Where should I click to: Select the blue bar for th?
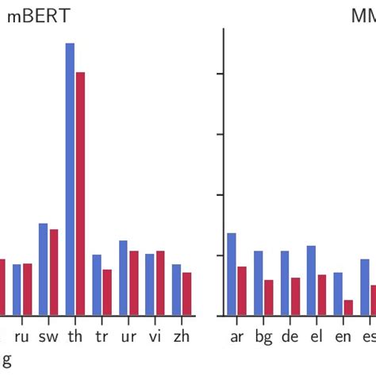click(x=70, y=178)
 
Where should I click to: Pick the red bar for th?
click(x=80, y=194)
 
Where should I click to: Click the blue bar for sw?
click(x=44, y=269)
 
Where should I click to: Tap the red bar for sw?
click(x=54, y=272)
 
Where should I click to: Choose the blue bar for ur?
click(x=124, y=278)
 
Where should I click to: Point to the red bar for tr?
click(x=107, y=292)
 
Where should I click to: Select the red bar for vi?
click(x=160, y=283)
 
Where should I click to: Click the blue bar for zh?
click(x=177, y=290)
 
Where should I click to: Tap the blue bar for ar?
click(x=232, y=274)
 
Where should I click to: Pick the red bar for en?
click(x=348, y=307)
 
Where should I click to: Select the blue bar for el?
click(x=312, y=280)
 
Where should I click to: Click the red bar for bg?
click(x=269, y=297)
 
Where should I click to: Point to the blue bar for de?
click(x=285, y=282)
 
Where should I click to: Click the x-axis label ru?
click(x=21, y=336)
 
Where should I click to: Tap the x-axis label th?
click(x=75, y=336)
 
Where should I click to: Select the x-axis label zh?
click(x=182, y=336)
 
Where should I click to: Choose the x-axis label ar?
click(x=236, y=336)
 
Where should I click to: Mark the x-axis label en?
click(x=343, y=336)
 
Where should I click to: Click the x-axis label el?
click(x=316, y=336)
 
